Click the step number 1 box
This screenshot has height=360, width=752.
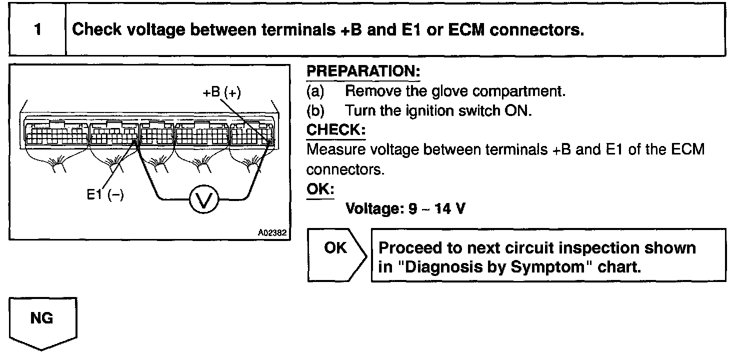click(x=37, y=30)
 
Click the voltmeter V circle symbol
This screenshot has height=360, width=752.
click(x=203, y=199)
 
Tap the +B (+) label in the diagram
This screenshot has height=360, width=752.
click(x=222, y=92)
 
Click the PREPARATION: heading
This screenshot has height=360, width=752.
click(x=363, y=71)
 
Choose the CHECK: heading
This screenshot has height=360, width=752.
click(x=335, y=130)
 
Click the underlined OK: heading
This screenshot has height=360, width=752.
click(x=320, y=190)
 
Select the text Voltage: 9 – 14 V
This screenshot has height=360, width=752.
click(x=405, y=208)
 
